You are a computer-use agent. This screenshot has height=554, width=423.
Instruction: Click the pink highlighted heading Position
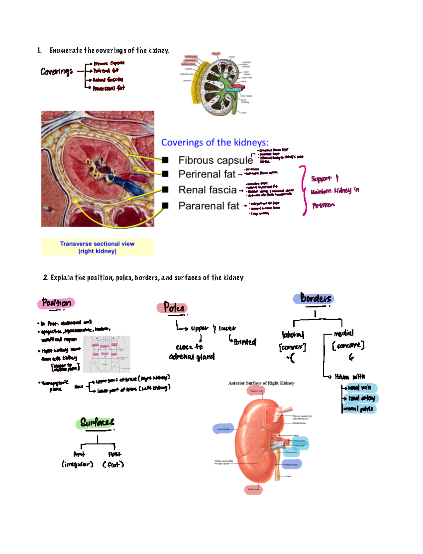tap(56, 303)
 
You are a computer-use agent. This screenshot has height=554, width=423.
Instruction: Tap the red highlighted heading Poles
tap(172, 307)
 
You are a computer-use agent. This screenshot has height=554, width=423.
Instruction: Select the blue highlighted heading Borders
tap(314, 299)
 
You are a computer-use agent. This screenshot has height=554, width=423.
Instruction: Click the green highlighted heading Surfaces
tap(96, 422)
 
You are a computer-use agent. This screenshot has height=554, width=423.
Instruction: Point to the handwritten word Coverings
tap(56, 72)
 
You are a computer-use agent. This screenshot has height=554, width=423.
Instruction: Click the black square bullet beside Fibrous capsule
tap(165, 160)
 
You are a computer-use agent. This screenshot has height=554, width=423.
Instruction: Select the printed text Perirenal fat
tap(207, 174)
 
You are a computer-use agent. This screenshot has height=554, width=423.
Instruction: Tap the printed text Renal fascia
tap(207, 190)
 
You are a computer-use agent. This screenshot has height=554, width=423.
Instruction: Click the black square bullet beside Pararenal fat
tap(165, 205)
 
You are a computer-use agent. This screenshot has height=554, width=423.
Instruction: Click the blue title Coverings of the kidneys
tap(215, 143)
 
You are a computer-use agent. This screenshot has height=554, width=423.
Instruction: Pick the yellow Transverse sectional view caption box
tap(98, 247)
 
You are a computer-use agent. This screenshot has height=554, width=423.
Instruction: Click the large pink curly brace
tap(304, 191)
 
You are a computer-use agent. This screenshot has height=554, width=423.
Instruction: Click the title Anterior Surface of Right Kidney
tap(261, 383)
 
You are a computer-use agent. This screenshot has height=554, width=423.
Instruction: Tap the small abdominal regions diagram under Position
tap(107, 354)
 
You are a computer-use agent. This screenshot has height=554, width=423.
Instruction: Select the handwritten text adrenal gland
tap(192, 357)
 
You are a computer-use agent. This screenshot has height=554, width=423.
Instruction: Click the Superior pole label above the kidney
tap(256, 391)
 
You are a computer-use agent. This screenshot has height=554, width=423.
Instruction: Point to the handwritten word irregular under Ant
tap(78, 464)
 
